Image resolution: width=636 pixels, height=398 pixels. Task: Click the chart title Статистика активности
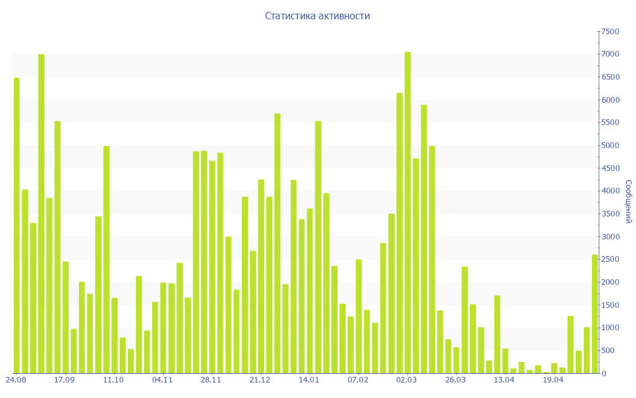coord(317,16)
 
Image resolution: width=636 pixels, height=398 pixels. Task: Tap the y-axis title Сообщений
coord(628,201)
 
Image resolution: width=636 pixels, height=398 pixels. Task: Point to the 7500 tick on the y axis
coord(609,32)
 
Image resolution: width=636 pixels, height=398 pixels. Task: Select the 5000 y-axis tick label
coord(609,146)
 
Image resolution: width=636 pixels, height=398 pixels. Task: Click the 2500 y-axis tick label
coord(609,259)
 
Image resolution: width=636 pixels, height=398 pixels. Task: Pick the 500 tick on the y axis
coord(611,351)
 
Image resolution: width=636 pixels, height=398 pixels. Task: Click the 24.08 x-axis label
coord(16,380)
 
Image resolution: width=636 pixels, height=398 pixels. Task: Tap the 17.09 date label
coord(65,380)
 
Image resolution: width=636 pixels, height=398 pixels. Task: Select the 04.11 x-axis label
coord(162,380)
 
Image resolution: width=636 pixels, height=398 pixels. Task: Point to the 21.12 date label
coord(260,380)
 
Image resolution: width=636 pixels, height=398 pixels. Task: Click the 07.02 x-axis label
coord(358,380)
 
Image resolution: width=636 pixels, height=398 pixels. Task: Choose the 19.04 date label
coord(553,380)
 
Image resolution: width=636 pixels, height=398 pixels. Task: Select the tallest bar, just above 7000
coord(407,212)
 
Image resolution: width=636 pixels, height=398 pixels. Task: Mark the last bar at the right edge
coord(595,313)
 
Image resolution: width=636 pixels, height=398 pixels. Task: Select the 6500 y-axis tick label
coord(609,77)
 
